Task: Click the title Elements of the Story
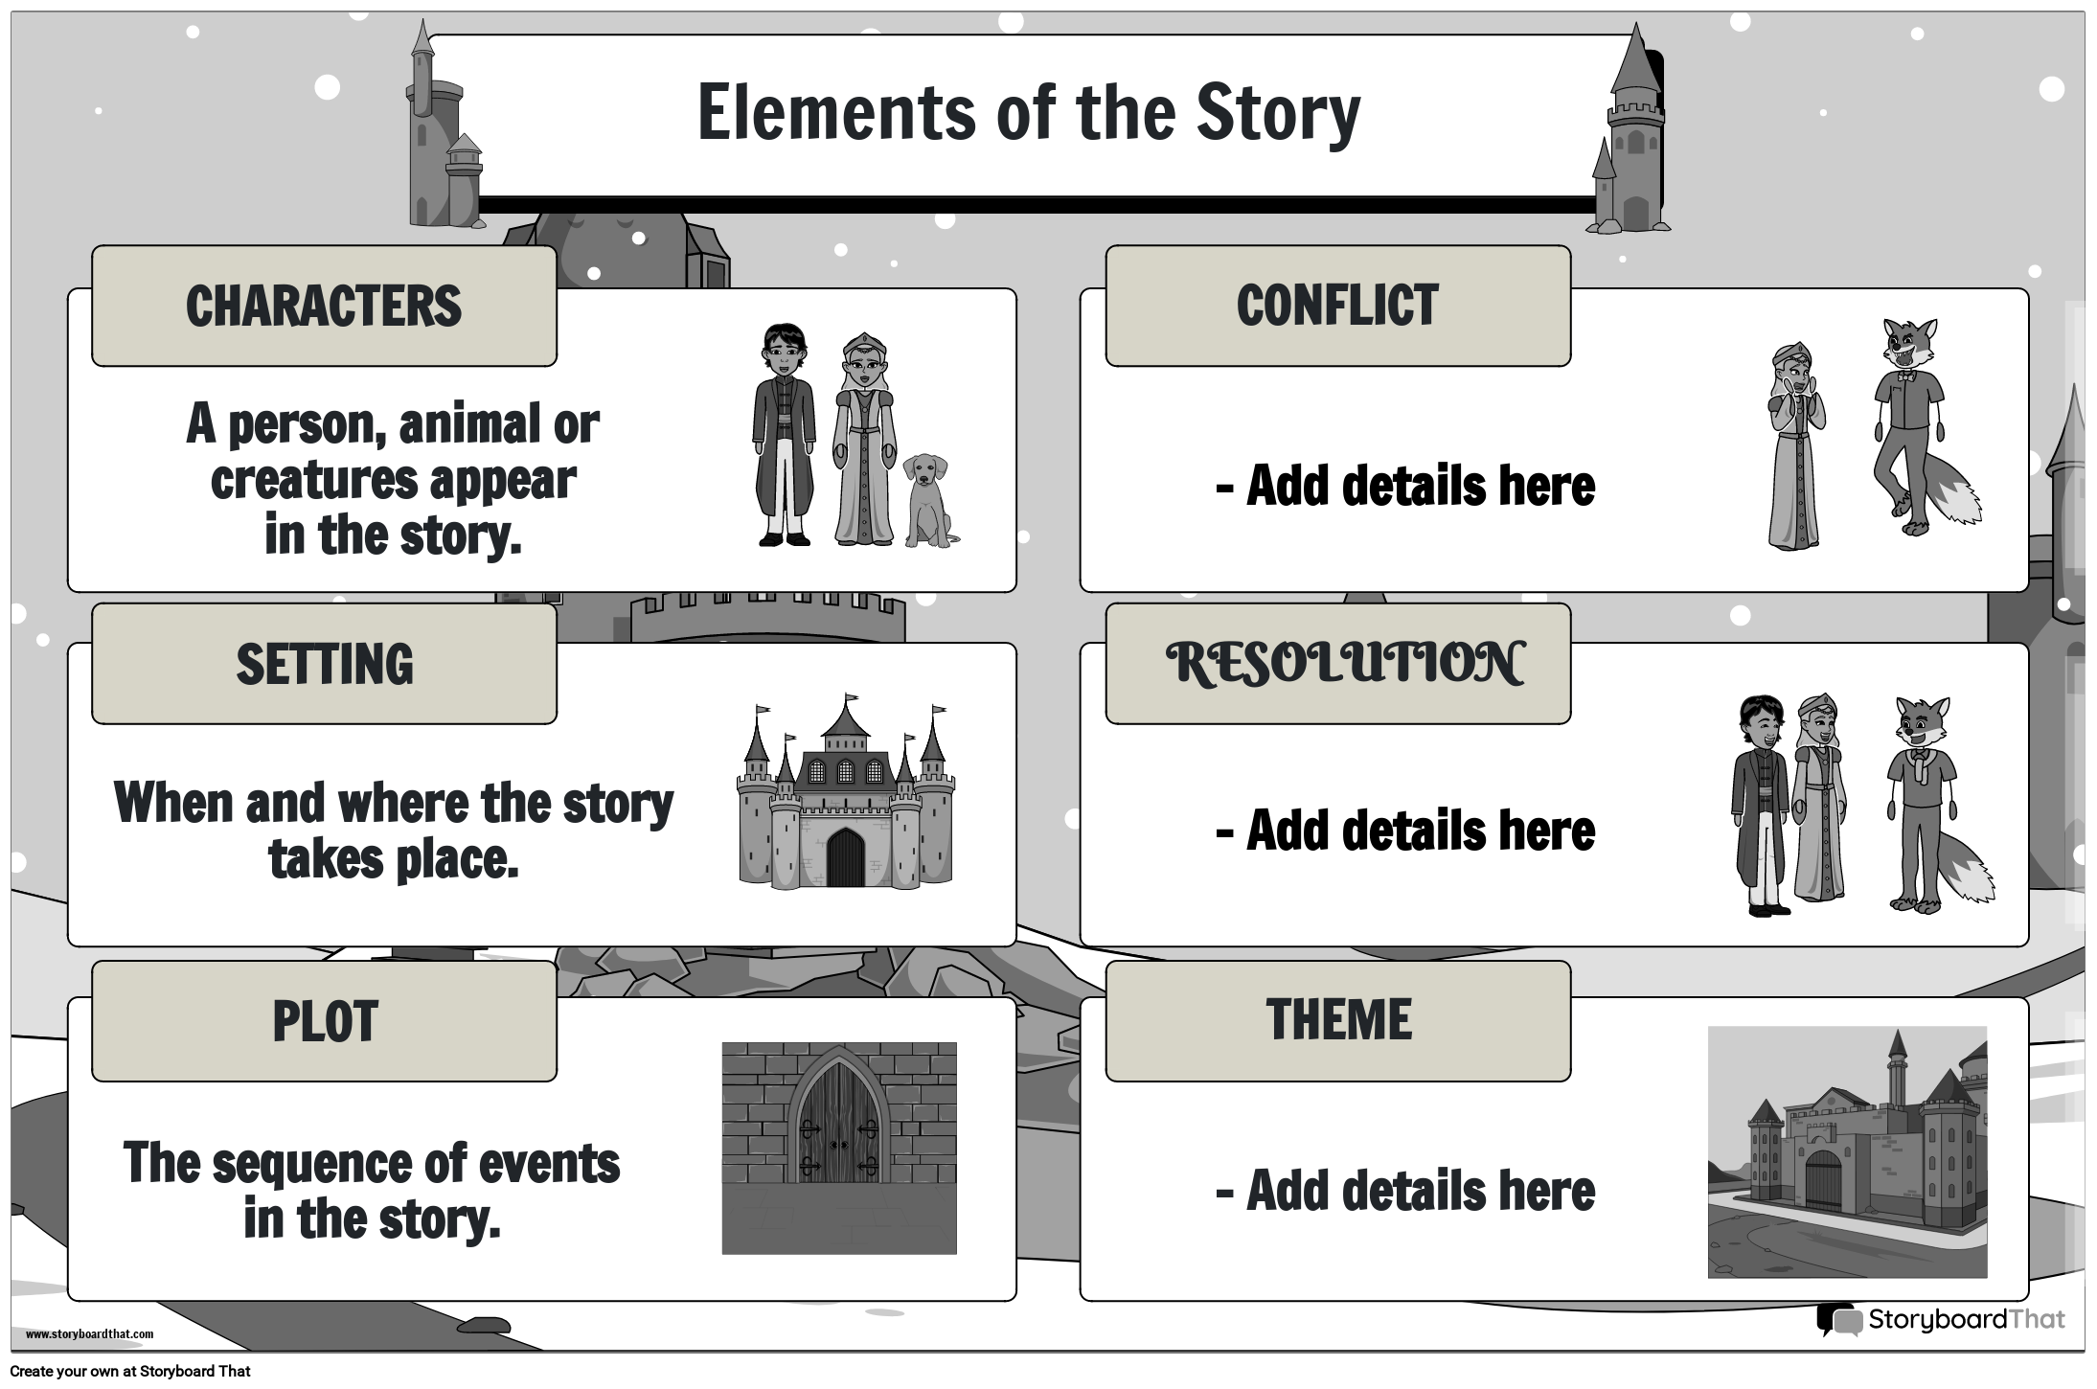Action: [x=1028, y=113]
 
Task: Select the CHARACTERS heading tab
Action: [x=324, y=307]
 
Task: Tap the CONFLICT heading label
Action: [x=1337, y=307]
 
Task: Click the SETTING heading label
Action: [x=324, y=664]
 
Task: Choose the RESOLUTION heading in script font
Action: [x=1344, y=664]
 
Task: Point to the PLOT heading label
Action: [x=324, y=1021]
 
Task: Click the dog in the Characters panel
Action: [x=927, y=501]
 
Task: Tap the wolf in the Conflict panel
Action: [x=1911, y=421]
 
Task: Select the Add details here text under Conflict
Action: [x=1405, y=487]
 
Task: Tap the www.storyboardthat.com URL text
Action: [x=89, y=1334]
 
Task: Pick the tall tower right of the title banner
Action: [x=1632, y=134]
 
